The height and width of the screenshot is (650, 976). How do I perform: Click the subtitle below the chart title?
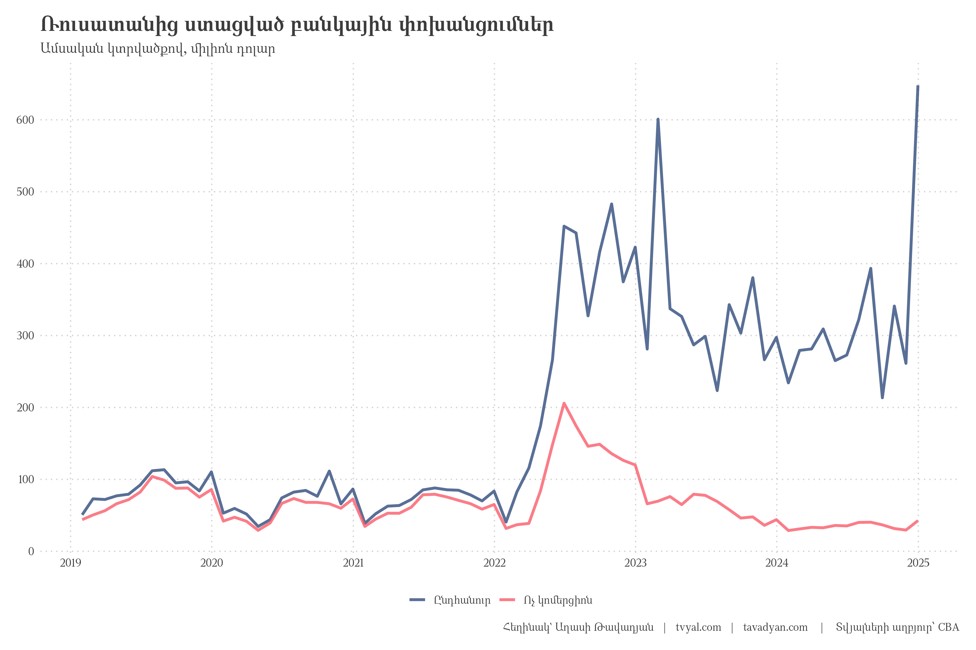click(158, 49)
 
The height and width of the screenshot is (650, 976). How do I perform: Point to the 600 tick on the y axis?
click(25, 120)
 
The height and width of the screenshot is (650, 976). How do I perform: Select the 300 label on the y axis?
click(25, 336)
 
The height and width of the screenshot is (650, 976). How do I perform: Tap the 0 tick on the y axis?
click(31, 551)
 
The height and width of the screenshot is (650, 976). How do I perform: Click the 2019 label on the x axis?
click(70, 563)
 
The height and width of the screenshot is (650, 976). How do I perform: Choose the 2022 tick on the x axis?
click(494, 563)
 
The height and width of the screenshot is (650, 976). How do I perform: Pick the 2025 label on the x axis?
click(918, 563)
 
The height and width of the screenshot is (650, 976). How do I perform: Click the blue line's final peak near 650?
click(918, 86)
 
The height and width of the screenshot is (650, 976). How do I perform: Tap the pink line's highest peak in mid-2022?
click(564, 403)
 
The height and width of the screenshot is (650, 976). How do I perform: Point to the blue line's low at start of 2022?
click(506, 522)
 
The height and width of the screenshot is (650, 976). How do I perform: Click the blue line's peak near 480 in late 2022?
click(612, 204)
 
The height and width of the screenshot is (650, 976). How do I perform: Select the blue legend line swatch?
click(417, 600)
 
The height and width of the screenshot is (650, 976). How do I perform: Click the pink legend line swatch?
click(507, 600)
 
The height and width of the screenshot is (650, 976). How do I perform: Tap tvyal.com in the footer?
click(698, 628)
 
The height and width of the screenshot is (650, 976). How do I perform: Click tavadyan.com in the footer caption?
click(775, 628)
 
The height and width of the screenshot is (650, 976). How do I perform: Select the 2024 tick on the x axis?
click(776, 563)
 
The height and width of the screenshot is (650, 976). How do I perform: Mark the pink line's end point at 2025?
click(917, 521)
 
